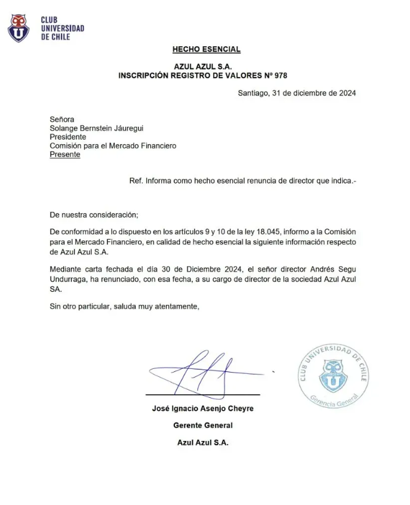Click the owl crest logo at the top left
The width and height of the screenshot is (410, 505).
[x=18, y=28]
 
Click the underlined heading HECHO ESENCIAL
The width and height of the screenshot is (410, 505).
[x=206, y=49]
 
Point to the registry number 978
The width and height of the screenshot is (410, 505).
[x=280, y=76]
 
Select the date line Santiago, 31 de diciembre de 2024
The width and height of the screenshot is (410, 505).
[x=297, y=93]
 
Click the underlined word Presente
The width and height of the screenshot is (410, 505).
[x=65, y=155]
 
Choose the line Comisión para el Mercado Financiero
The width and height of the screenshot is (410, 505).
[x=113, y=146]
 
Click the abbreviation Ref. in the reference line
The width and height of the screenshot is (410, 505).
[x=136, y=181]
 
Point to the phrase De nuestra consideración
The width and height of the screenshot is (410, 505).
[x=94, y=215]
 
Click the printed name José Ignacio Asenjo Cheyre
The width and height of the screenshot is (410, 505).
[x=203, y=408]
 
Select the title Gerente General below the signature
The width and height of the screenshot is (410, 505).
[x=203, y=426]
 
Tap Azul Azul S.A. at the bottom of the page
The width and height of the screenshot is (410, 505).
[x=203, y=442]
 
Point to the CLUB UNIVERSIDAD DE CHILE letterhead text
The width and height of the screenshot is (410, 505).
[x=62, y=28]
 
